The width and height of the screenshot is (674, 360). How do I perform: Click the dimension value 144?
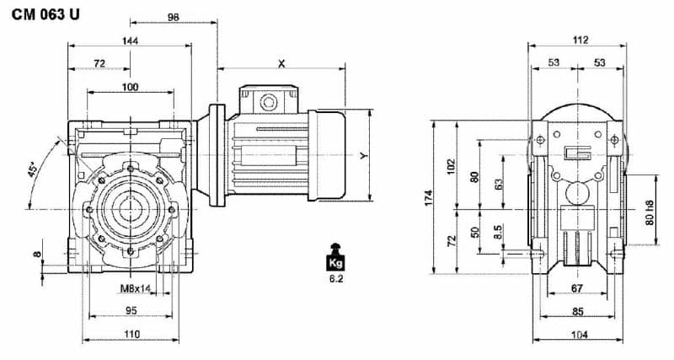coord(130,40)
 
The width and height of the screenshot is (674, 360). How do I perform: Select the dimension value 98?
coord(174,17)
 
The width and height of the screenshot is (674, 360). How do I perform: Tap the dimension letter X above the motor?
coord(281,63)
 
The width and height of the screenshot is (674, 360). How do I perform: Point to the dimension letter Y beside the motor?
coord(363,156)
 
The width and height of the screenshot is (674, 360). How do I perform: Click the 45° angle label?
coord(33,174)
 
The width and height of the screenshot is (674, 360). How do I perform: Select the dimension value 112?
coord(578,39)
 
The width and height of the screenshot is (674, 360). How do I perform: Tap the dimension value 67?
coord(577,289)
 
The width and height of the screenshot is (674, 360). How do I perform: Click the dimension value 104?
coord(578,334)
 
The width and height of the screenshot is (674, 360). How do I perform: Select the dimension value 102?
coord(452,164)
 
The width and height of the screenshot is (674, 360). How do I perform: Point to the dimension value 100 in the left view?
coord(130,87)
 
